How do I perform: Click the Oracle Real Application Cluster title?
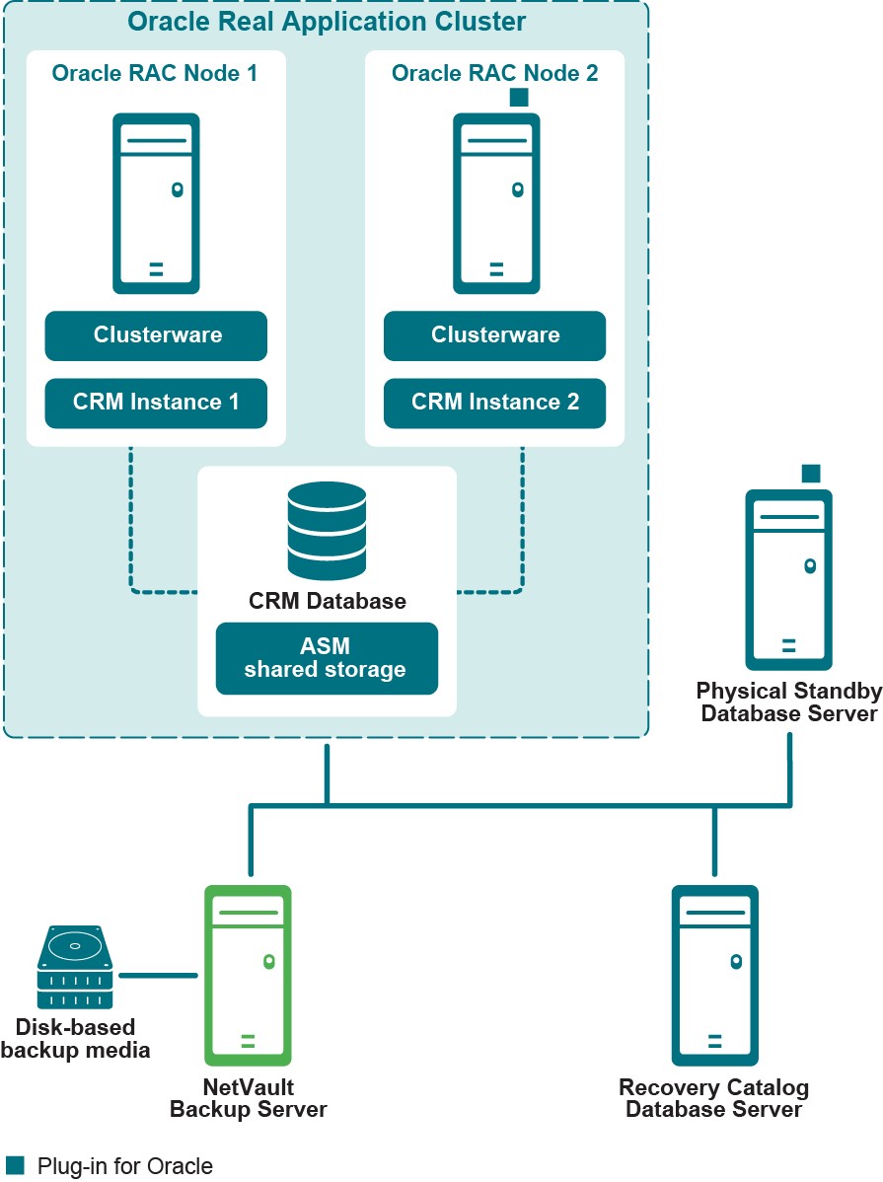click(327, 21)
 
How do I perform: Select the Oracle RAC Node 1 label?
click(155, 73)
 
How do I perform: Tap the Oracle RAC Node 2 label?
click(494, 73)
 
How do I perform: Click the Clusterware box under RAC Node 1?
click(156, 335)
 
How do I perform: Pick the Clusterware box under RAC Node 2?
click(494, 335)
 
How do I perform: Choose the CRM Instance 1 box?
click(156, 403)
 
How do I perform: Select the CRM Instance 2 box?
click(494, 403)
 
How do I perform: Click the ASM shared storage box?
click(327, 658)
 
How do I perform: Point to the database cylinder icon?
click(327, 534)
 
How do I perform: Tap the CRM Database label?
click(327, 600)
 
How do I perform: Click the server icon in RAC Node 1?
click(156, 203)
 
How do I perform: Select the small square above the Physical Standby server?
click(811, 473)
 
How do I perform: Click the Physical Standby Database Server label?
click(788, 702)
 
